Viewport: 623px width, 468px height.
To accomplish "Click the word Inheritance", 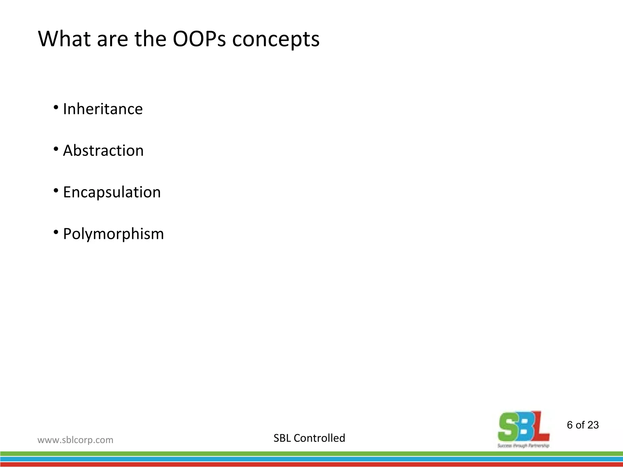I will coord(103,109).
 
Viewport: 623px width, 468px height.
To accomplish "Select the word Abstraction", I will coord(103,151).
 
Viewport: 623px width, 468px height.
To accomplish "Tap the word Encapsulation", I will coord(112,192).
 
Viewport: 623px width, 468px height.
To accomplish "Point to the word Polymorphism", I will coord(113,234).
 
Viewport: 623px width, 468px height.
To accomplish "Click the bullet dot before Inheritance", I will coord(56,107).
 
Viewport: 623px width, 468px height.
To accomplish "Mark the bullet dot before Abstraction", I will coord(56,149).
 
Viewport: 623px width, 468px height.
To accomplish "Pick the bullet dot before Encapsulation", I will coord(56,191).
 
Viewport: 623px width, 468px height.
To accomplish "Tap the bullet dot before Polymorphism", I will coord(56,232).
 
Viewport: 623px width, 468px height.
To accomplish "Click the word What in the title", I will coord(64,39).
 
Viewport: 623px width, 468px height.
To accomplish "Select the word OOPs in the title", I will coord(199,39).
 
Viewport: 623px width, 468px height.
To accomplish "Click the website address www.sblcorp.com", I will coord(75,440).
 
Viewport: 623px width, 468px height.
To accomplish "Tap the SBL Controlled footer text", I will coord(309,438).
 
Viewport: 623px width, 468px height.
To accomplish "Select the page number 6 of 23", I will coord(583,425).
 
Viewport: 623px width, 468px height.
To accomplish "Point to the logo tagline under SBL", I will coord(524,446).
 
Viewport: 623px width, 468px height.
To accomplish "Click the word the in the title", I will coord(150,39).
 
